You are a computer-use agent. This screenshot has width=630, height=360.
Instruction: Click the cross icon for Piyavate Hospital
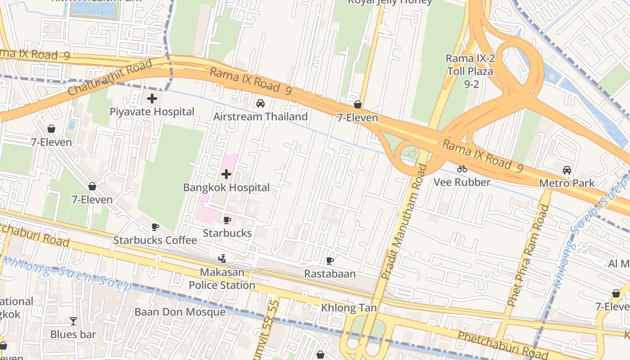tap(152, 99)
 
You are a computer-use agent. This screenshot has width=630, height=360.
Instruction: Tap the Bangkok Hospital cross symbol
tap(226, 174)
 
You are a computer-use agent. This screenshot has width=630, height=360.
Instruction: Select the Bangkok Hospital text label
tap(226, 187)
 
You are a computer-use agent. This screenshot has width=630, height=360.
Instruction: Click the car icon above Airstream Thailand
tap(260, 103)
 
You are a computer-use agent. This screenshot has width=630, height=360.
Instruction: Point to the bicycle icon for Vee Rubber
tap(462, 169)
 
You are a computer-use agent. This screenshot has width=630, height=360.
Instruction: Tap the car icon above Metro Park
tap(567, 170)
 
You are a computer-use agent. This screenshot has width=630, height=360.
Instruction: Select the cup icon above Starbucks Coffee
tap(155, 227)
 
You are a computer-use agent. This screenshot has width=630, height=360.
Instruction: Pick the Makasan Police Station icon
tap(222, 259)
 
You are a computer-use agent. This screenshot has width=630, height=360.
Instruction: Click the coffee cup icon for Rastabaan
tap(330, 261)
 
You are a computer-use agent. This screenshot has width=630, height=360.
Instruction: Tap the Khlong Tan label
tap(349, 308)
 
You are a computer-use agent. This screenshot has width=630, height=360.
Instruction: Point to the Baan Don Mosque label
tap(180, 312)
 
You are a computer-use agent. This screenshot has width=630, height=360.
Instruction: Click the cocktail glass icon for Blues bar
tap(73, 321)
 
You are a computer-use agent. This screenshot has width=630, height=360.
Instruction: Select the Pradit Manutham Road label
tap(404, 222)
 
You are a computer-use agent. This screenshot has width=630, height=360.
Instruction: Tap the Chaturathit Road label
tap(111, 78)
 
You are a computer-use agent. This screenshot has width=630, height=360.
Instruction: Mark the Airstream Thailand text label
tap(261, 117)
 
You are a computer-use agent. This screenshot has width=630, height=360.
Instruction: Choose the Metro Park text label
tap(567, 183)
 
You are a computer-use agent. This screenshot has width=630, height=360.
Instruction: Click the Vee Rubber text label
tap(462, 182)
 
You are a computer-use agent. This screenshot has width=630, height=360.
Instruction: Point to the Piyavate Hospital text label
tap(152, 112)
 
